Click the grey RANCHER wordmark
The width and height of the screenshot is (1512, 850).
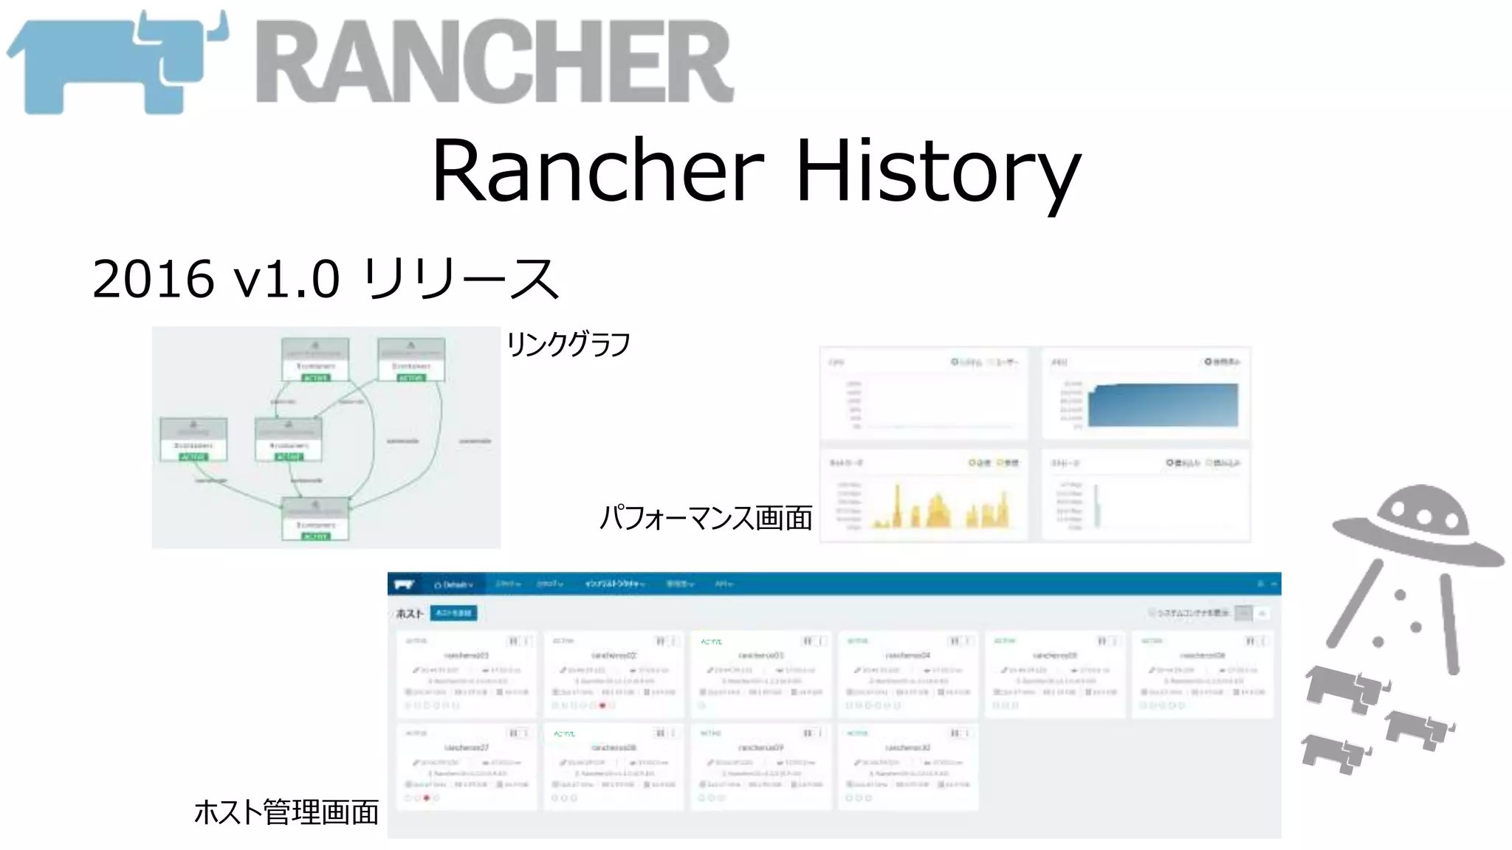tap(495, 63)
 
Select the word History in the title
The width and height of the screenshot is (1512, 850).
tap(938, 171)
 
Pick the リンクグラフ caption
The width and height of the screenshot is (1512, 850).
tap(568, 345)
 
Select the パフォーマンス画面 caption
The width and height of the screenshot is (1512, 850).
tap(705, 517)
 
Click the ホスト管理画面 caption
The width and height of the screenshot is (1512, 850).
tap(286, 812)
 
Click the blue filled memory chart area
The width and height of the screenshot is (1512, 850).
tap(1163, 406)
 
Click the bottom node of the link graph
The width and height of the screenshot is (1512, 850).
tap(315, 519)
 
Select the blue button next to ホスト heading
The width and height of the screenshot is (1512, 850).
tap(453, 613)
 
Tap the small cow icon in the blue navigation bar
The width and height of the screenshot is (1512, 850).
tap(404, 585)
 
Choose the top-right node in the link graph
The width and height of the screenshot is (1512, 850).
tap(411, 360)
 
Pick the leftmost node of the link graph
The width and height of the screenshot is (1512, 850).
tap(193, 439)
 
